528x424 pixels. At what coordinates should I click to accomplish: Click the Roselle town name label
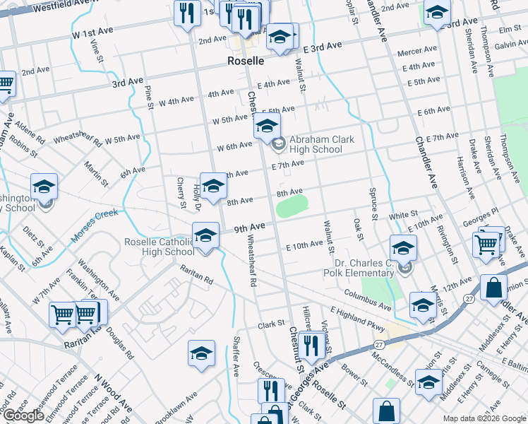point(245,61)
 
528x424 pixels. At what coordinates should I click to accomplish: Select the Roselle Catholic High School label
point(159,247)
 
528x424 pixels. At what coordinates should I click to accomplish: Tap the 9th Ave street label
point(250,228)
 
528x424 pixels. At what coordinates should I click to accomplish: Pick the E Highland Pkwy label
point(357,319)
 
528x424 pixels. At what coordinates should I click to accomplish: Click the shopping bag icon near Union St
point(493,288)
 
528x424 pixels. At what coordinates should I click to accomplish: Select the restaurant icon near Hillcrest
point(309,345)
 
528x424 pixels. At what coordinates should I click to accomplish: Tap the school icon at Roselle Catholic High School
point(205,235)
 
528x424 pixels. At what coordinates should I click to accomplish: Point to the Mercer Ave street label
point(417,52)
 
